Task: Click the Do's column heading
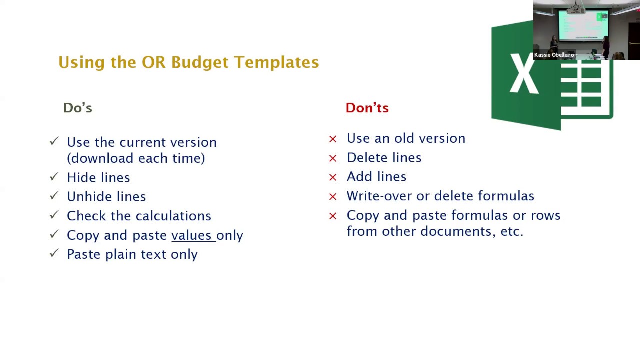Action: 77,108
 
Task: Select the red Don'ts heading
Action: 367,108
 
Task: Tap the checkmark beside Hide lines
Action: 54,177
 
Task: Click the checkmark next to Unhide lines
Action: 54,196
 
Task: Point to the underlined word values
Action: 191,235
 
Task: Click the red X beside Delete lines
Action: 333,158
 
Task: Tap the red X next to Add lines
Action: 333,177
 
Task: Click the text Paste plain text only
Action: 132,254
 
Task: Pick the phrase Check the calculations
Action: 139,216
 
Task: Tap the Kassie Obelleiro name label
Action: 554,55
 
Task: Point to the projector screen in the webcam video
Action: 583,25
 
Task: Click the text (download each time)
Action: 136,158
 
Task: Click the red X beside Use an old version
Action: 333,139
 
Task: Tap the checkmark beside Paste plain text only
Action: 54,254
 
